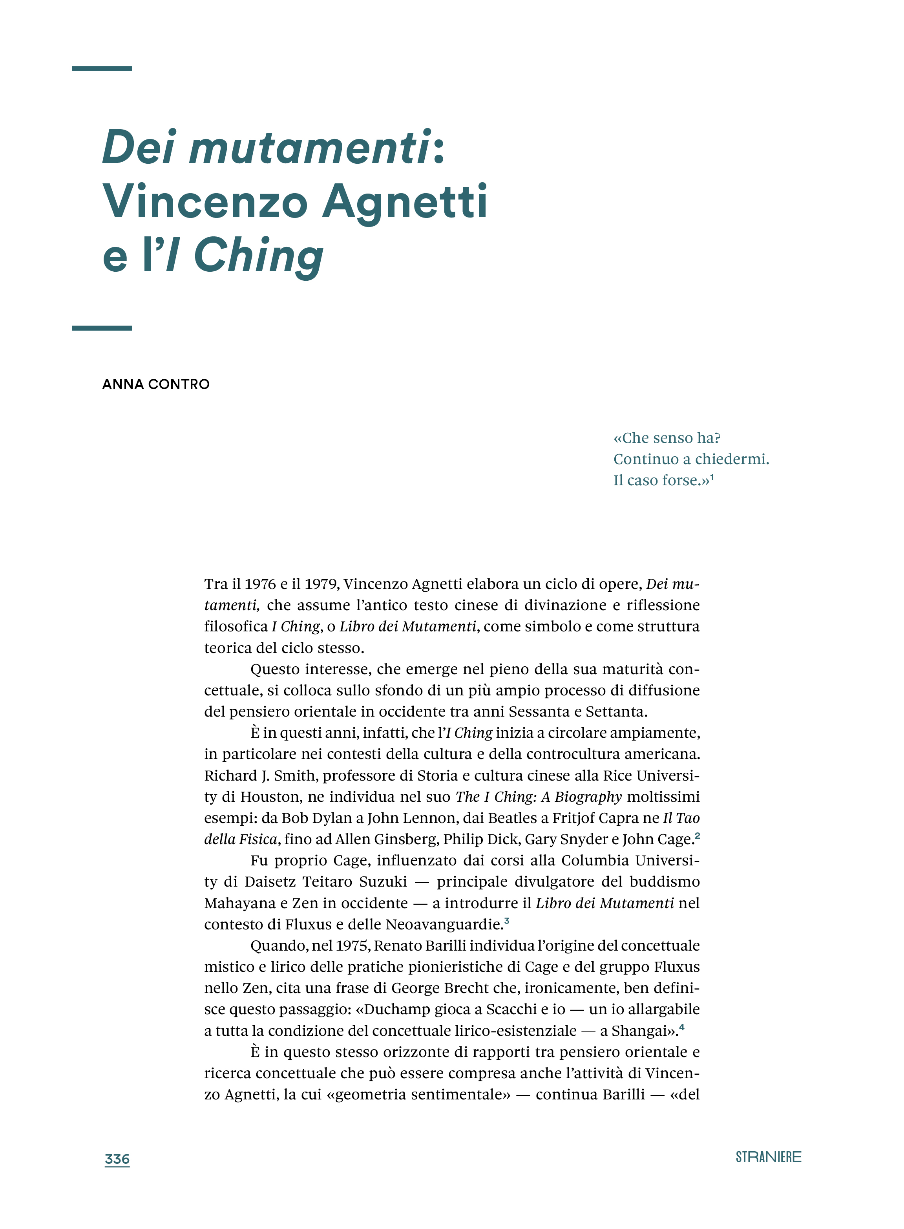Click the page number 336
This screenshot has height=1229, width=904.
click(x=117, y=1158)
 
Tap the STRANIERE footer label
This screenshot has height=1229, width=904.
click(x=768, y=1157)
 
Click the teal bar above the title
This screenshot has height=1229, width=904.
click(x=102, y=68)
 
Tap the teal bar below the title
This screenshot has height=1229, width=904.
click(x=102, y=328)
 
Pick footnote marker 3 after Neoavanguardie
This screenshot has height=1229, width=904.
click(x=507, y=920)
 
